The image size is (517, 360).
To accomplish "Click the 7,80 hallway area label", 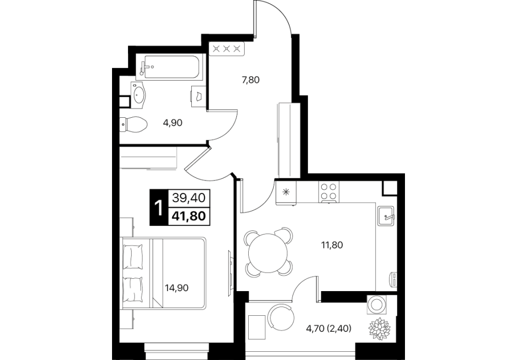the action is click(251, 80).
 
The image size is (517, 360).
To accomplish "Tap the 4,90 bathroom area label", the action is click(173, 123).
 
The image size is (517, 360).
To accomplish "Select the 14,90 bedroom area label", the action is click(177, 288).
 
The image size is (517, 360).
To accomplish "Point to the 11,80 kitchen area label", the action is click(332, 245).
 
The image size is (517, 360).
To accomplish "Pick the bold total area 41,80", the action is click(189, 216).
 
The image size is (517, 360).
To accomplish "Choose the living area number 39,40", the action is click(189, 198).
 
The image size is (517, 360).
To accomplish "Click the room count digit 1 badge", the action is click(159, 208).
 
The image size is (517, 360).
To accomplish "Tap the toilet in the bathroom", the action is click(133, 125).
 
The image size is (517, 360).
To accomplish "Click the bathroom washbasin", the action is click(138, 95).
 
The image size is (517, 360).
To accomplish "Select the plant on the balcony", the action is click(379, 328).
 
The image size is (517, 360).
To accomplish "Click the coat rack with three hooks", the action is click(227, 49).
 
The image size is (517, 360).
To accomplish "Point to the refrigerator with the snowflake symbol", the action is click(286, 192).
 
